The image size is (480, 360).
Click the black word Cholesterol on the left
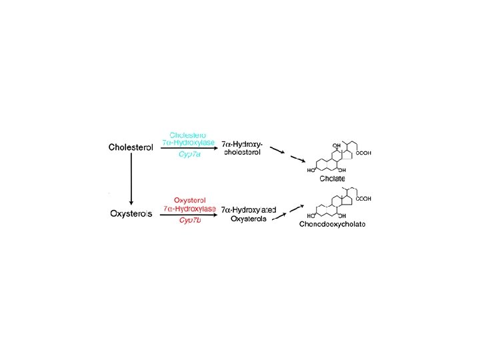131,147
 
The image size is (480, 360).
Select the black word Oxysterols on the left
131,213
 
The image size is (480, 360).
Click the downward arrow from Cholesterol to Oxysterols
131,180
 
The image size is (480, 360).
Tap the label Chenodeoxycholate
333,224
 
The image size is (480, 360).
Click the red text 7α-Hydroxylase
190,208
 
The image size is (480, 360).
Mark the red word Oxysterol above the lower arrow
190,200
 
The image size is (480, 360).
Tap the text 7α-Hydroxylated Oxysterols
249,213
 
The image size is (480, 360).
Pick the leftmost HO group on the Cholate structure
310,170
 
